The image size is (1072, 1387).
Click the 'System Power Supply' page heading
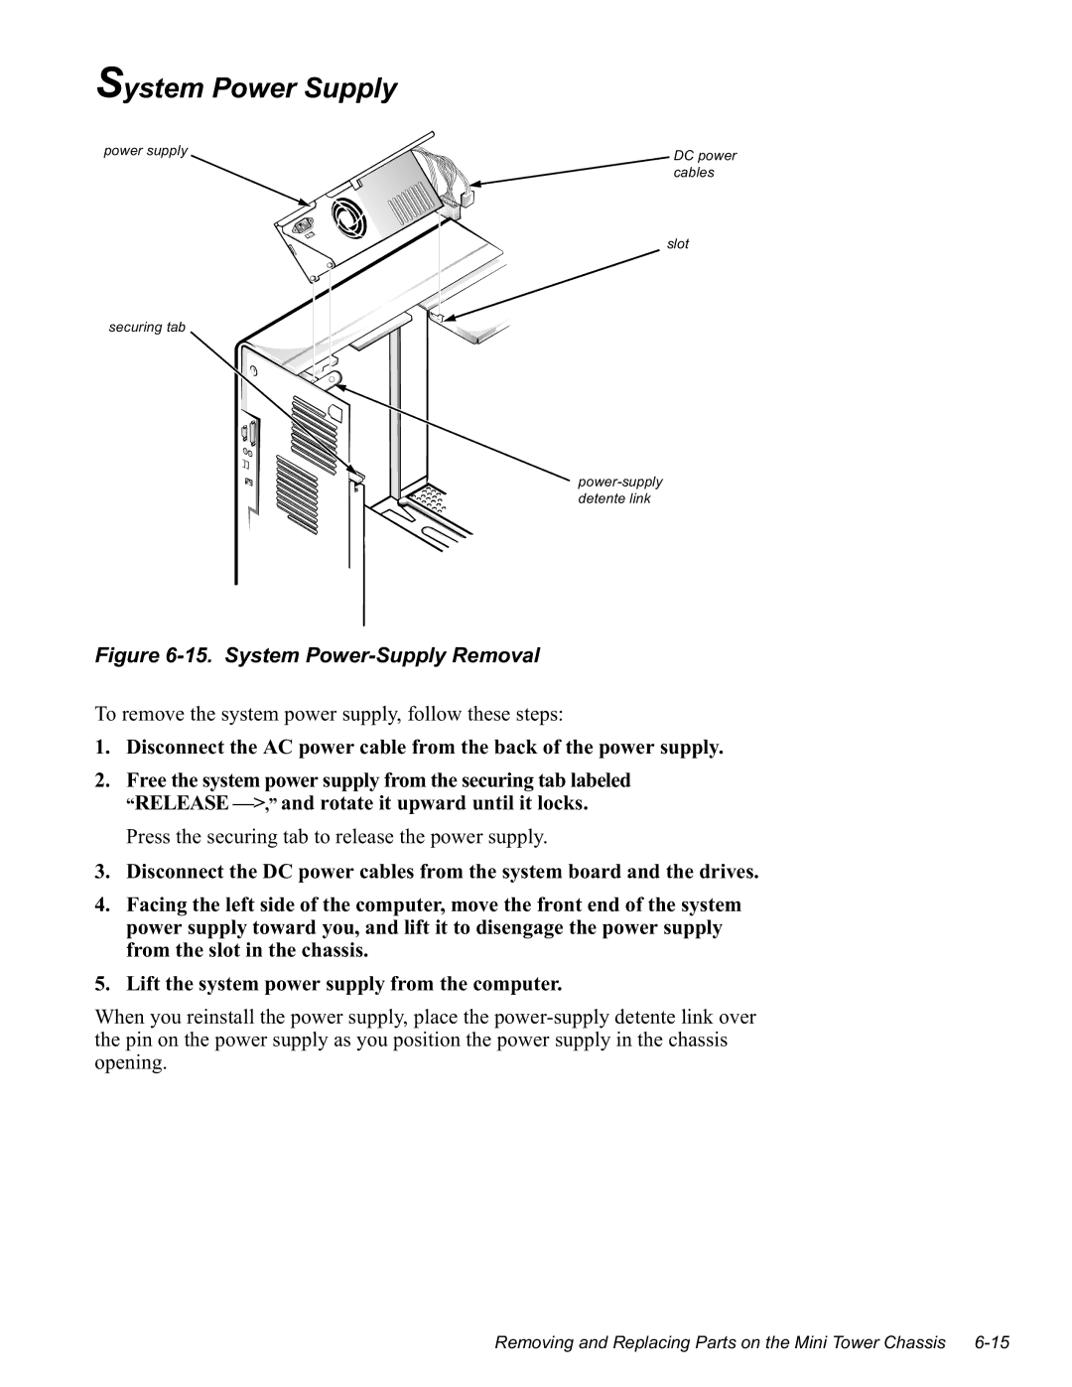coord(247,87)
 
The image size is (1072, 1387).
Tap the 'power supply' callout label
coord(146,151)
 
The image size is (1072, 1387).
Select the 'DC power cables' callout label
coord(705,164)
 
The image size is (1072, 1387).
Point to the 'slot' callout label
coord(678,243)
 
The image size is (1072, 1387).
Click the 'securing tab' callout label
coord(147,327)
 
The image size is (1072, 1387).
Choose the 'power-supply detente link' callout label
coord(620,489)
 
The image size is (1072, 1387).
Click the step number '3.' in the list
coord(102,872)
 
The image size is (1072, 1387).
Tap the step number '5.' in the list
coord(102,984)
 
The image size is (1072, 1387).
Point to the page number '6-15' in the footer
coord(992,1342)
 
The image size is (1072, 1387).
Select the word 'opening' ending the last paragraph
coord(128,1062)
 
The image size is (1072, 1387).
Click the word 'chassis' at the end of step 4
coord(337,950)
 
